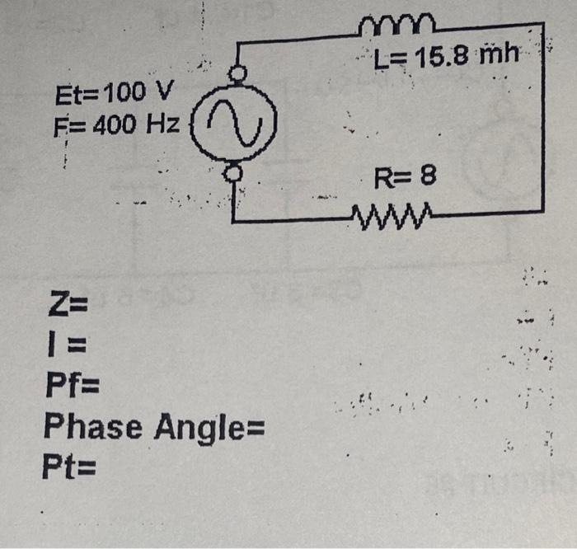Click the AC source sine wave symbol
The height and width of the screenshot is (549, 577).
[x=237, y=124]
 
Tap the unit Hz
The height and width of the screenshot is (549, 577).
[x=162, y=124]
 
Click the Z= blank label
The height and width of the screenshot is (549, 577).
[x=68, y=312]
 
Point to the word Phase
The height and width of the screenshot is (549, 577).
[x=93, y=427]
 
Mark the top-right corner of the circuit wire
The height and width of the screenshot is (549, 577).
[x=542, y=26]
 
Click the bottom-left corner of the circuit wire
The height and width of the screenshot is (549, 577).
[x=234, y=220]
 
